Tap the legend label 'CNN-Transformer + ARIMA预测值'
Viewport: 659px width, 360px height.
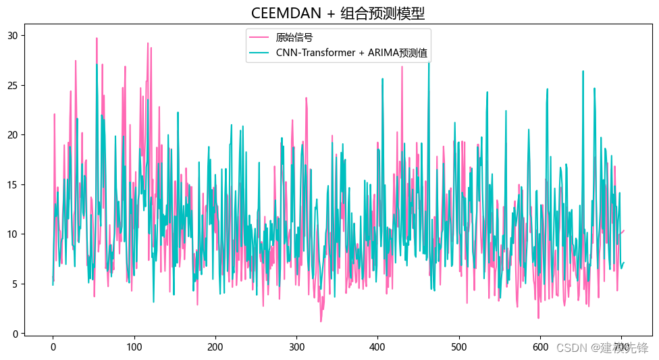click(352, 52)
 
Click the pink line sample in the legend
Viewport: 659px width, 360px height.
click(259, 38)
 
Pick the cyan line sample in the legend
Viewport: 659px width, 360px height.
click(259, 52)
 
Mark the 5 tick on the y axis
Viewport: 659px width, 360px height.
click(14, 284)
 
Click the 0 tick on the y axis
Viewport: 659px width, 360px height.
click(14, 334)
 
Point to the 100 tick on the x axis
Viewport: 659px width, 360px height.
click(134, 346)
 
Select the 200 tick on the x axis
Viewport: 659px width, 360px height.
click(215, 346)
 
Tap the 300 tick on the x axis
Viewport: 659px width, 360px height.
click(296, 346)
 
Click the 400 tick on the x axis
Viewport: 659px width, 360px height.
click(378, 346)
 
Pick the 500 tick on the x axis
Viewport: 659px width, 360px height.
click(459, 346)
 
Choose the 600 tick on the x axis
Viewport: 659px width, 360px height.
click(540, 346)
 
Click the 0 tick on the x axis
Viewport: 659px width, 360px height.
click(53, 346)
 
